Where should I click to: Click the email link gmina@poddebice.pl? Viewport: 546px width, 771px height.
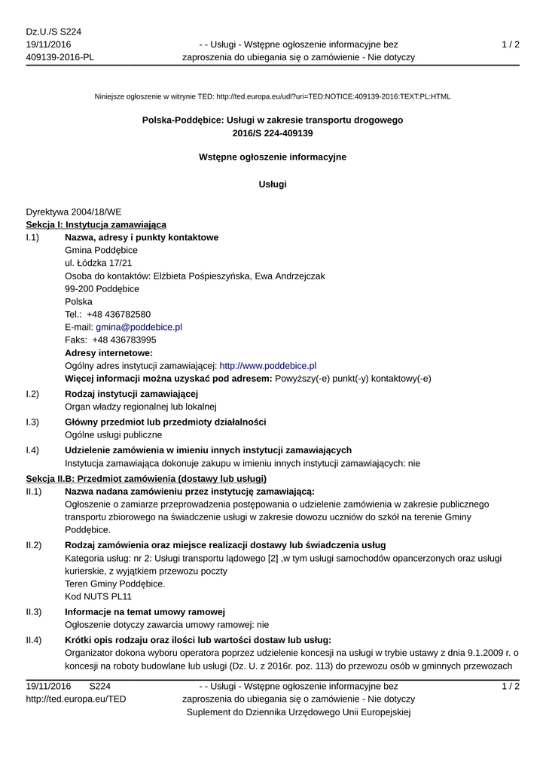tap(139, 327)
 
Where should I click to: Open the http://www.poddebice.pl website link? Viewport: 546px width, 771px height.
tap(267, 365)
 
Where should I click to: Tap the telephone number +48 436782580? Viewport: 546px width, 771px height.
tap(118, 314)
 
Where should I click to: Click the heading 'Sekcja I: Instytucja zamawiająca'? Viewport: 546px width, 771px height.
tap(96, 224)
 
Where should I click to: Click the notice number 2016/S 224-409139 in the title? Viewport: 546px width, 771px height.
tap(273, 133)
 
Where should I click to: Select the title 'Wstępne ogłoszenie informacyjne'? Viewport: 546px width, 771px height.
tap(273, 157)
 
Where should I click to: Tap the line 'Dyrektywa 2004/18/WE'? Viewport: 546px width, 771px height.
tap(74, 212)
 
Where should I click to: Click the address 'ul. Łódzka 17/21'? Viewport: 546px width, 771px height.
tap(99, 263)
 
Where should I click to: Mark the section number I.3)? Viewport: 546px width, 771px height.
tap(32, 422)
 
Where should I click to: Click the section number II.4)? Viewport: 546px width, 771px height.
tap(33, 640)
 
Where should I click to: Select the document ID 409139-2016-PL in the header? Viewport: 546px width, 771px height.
tap(60, 58)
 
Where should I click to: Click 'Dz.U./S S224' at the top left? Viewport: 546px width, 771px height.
tap(53, 32)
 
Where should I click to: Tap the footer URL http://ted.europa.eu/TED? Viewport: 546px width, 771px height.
tap(76, 699)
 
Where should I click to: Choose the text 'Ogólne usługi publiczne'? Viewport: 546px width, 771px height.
tap(113, 434)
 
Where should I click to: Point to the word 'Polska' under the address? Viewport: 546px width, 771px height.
tap(78, 301)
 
